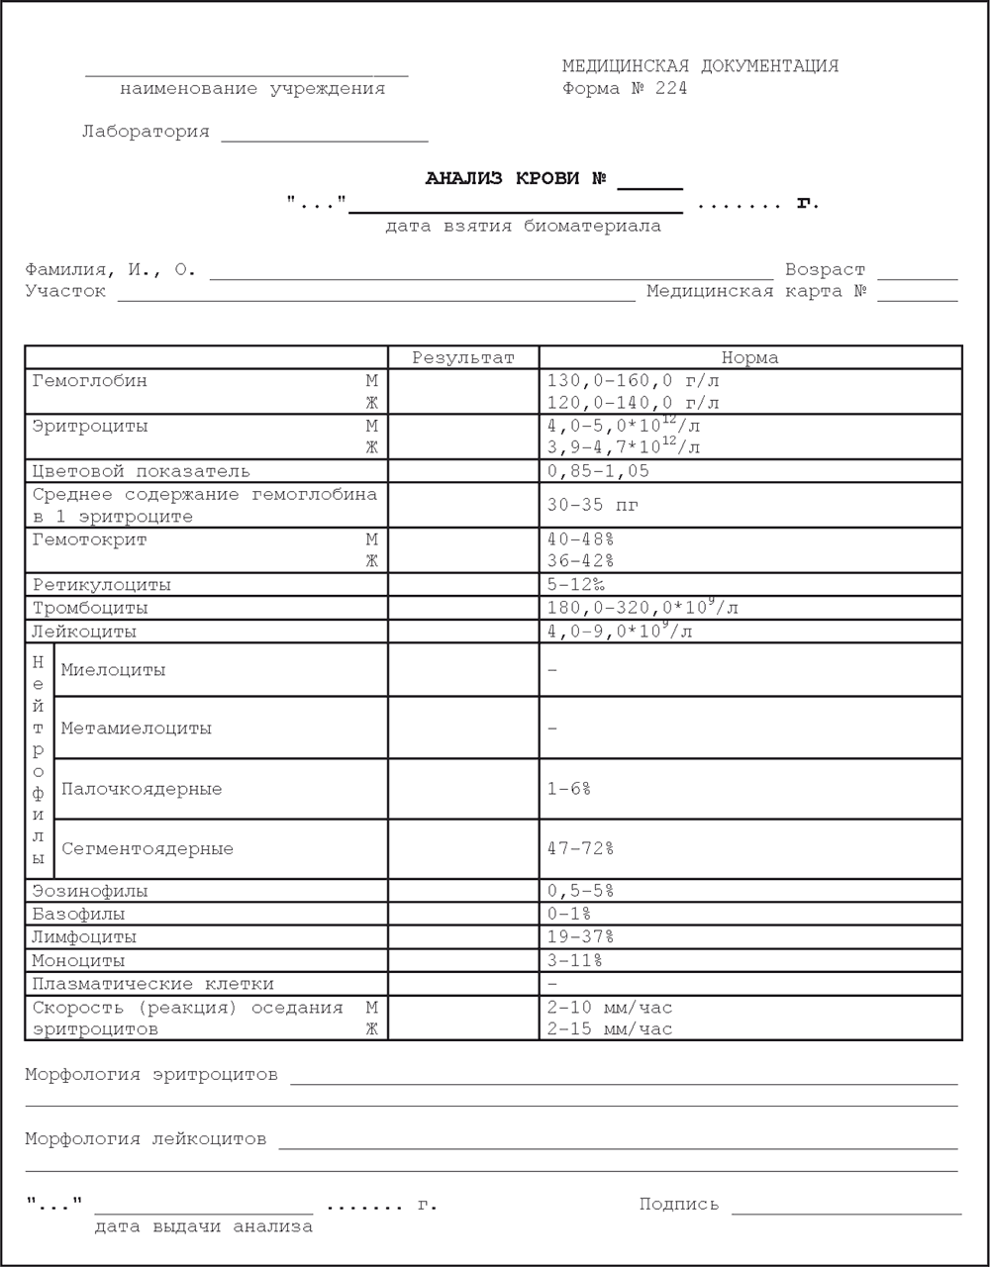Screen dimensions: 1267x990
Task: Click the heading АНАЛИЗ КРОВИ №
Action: (516, 179)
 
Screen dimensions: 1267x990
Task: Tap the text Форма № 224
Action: (624, 89)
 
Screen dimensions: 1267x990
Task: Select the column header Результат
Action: (463, 357)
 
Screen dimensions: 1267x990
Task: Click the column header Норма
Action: (749, 357)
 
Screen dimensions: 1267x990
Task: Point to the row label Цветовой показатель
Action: (141, 471)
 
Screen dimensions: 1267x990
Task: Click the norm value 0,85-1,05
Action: (598, 471)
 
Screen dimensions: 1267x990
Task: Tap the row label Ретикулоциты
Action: (101, 585)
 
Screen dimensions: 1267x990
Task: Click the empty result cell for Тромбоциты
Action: (463, 608)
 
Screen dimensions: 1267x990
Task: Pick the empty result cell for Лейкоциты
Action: (463, 632)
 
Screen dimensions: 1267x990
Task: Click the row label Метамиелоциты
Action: (136, 729)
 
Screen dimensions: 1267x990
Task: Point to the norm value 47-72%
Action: (580, 849)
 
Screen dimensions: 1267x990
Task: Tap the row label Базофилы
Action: (78, 915)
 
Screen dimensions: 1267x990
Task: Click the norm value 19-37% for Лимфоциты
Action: (580, 937)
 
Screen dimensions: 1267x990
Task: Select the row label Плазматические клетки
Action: (152, 984)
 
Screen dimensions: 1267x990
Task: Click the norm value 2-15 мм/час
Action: (609, 1029)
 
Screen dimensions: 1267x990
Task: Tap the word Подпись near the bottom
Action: (678, 1205)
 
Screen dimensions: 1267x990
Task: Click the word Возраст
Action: (825, 269)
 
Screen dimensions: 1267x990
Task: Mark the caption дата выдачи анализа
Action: (203, 1227)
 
